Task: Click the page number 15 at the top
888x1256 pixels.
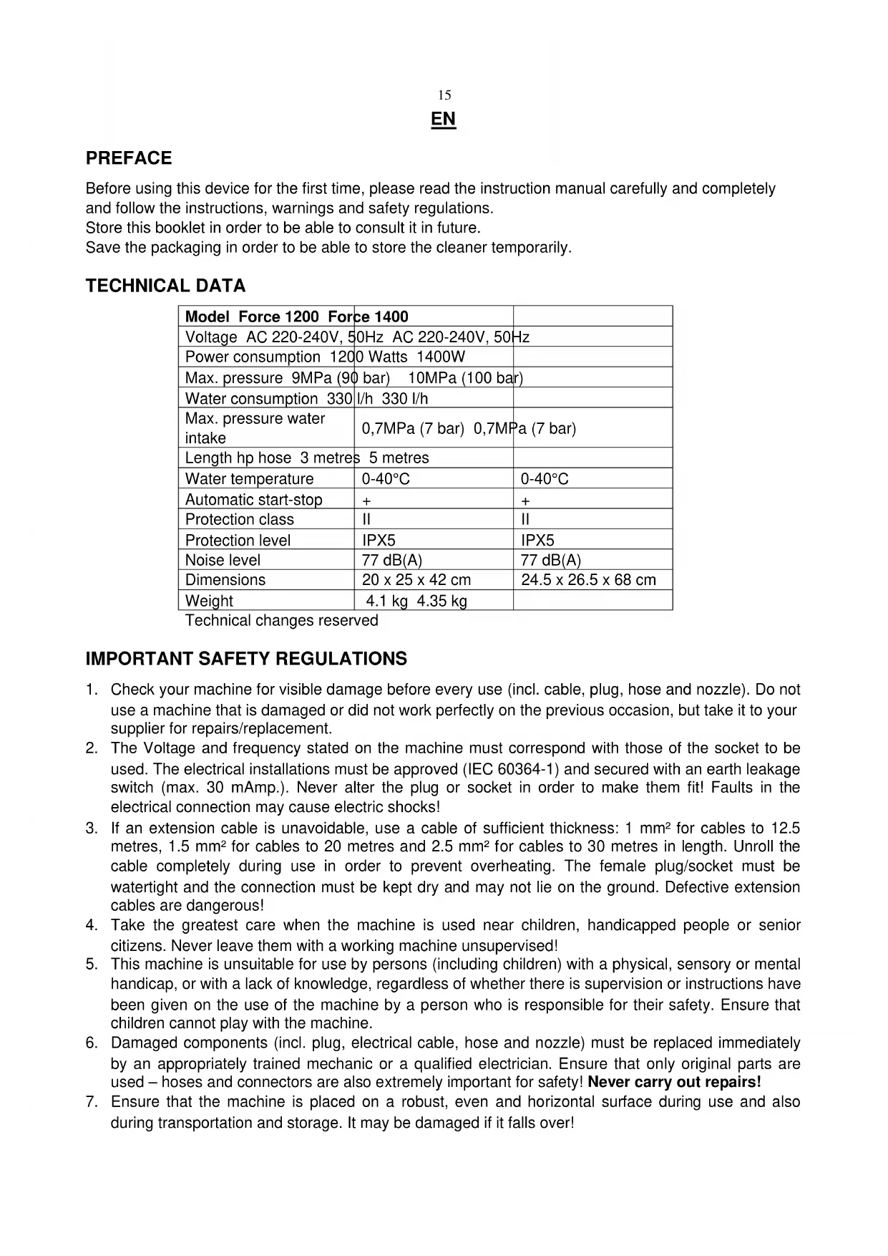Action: (444, 95)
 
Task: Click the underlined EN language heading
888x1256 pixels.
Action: (444, 119)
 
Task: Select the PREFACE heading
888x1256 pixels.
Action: (129, 158)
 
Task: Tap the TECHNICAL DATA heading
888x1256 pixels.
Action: (165, 286)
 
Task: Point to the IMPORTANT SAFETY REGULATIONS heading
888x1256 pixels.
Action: (246, 659)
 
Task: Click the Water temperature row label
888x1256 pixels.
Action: (249, 479)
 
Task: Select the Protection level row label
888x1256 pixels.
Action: (238, 540)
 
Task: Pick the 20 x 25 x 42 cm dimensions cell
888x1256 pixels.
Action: (416, 580)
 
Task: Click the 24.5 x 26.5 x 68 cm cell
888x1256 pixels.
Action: (588, 580)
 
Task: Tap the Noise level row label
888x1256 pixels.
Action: (223, 560)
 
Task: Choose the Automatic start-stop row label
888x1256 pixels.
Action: (253, 500)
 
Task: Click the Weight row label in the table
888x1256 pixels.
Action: (209, 601)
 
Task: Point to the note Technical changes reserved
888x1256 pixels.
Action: (281, 620)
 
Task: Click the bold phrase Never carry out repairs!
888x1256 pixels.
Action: (674, 1082)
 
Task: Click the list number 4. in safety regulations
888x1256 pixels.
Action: (92, 925)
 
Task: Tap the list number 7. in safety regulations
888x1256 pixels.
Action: (92, 1102)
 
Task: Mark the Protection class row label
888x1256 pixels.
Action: (239, 519)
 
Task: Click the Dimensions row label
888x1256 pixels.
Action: (225, 580)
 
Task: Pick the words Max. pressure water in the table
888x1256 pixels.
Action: (255, 419)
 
